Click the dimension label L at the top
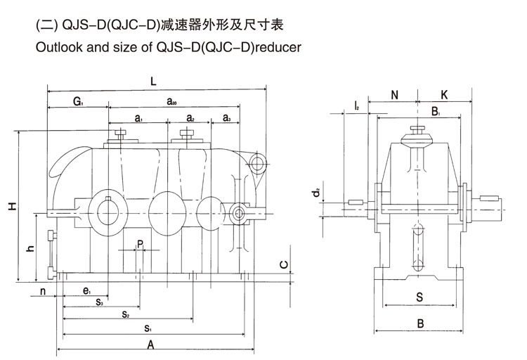(153, 81)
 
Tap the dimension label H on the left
(12, 207)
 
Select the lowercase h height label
(30, 249)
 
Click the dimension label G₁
(77, 102)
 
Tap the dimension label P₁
(141, 244)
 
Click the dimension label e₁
(86, 291)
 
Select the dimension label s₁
(148, 328)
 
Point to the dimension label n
(42, 290)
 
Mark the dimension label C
(282, 264)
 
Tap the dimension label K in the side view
(444, 94)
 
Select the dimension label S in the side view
(419, 297)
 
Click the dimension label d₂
(318, 191)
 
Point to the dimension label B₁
(436, 111)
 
